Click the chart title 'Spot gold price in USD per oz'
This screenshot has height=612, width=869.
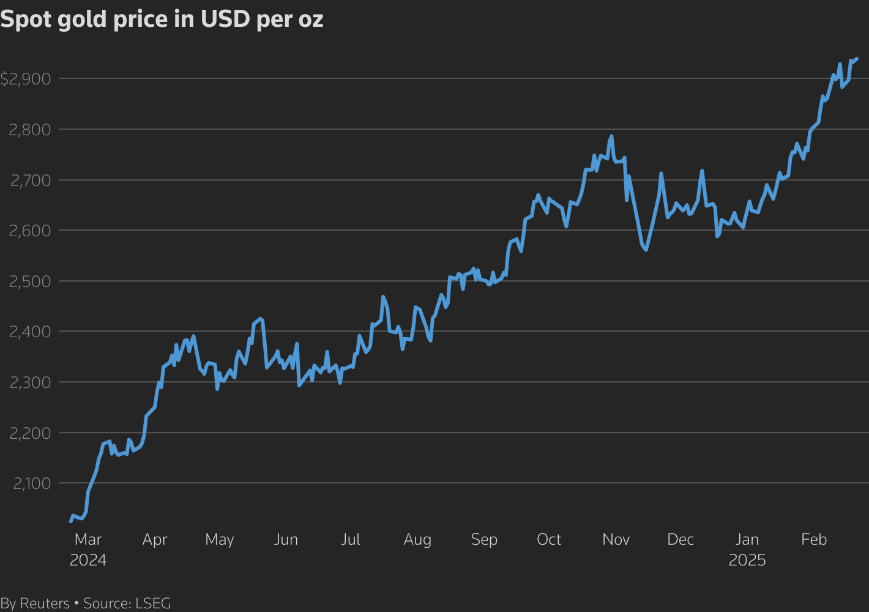tap(162, 20)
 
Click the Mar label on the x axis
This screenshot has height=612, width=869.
tap(88, 540)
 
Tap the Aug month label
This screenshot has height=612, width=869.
tap(417, 540)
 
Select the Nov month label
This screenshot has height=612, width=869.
tap(616, 540)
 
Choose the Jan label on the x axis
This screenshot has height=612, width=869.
tap(747, 540)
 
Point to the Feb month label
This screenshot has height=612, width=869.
tap(814, 540)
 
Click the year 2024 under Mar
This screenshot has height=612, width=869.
tap(88, 560)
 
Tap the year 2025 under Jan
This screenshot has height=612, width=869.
tap(747, 560)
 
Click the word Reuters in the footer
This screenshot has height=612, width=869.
tap(45, 603)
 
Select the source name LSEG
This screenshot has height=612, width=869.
tap(152, 603)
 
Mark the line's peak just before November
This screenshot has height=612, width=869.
tap(611, 136)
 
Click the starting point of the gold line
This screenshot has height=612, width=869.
tap(71, 521)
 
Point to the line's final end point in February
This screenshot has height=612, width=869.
tap(857, 59)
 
